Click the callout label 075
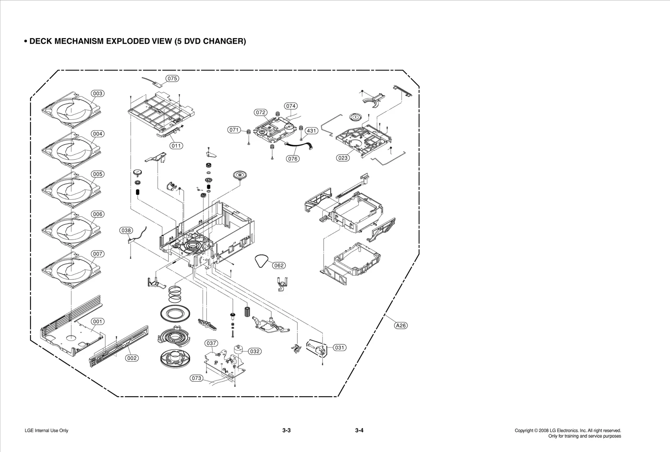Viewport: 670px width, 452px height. [172, 78]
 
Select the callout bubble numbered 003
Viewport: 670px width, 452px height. [98, 93]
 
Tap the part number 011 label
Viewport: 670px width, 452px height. [176, 146]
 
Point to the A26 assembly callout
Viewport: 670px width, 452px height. [401, 325]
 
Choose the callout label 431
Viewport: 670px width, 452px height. [311, 131]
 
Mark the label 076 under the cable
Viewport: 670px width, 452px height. [293, 159]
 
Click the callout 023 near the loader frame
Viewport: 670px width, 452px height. [343, 158]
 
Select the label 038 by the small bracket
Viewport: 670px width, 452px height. [126, 230]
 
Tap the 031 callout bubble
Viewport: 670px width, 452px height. [340, 347]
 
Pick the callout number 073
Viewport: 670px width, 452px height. [196, 378]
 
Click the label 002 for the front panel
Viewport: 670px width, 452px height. [132, 358]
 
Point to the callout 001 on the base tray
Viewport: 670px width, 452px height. [98, 322]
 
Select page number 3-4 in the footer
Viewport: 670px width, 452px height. [359, 431]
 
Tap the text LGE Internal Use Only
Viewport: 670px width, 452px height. [46, 431]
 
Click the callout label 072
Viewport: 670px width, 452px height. [260, 112]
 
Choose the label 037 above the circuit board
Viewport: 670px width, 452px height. [211, 343]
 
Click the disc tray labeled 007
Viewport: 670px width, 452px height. [69, 270]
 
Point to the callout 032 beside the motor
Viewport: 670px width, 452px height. [255, 351]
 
